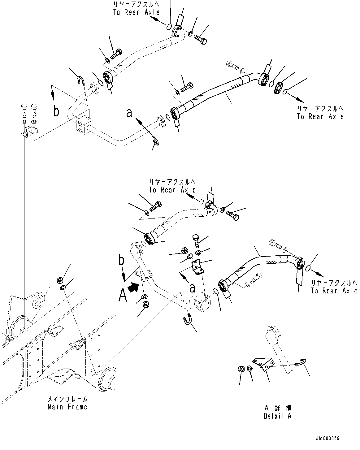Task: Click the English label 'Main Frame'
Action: (67, 407)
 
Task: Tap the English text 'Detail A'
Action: (277, 416)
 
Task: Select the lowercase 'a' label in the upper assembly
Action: (129, 113)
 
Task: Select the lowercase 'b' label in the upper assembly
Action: (56, 111)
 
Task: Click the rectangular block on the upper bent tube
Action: (83, 125)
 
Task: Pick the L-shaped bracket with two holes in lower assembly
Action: (197, 267)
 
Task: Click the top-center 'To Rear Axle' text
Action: (136, 12)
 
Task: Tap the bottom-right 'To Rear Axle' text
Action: (334, 291)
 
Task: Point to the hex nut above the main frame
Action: (59, 280)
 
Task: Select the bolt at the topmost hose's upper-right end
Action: (201, 40)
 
